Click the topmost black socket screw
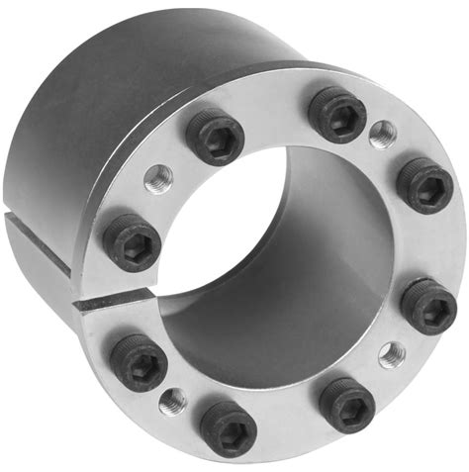coord(337,112)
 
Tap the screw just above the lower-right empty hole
coord(429,306)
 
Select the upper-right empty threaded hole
coord(381,132)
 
